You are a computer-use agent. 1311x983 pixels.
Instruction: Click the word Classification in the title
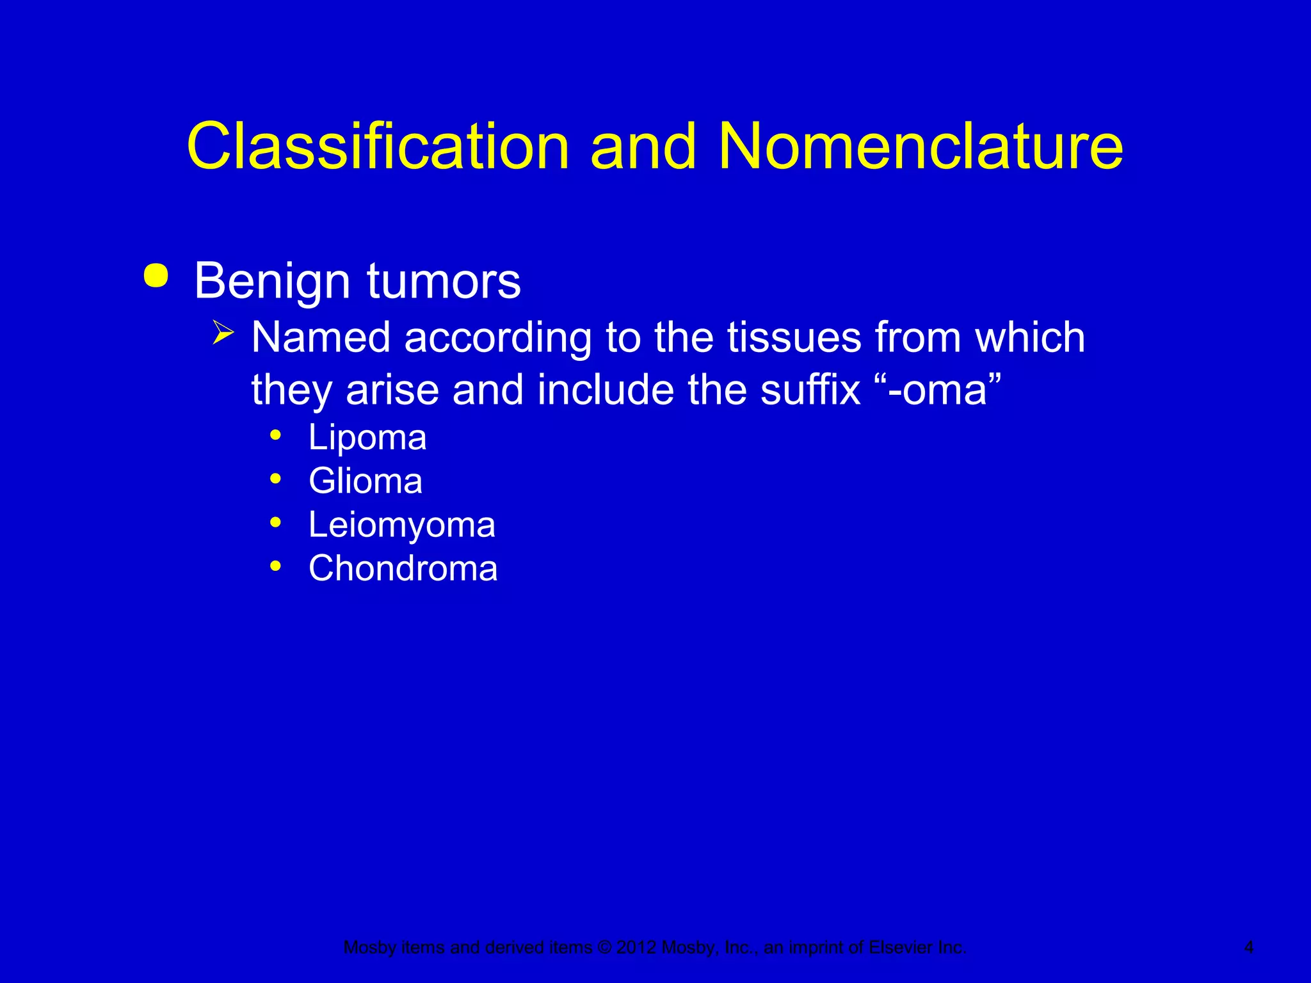[378, 147]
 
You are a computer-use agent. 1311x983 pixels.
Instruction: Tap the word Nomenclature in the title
[920, 147]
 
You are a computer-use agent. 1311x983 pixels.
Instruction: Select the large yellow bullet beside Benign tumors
[156, 276]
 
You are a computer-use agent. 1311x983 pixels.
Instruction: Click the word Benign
[272, 282]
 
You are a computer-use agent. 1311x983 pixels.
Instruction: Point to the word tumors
[444, 282]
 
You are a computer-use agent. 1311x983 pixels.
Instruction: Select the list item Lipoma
[367, 438]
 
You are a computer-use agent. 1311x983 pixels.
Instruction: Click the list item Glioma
[366, 481]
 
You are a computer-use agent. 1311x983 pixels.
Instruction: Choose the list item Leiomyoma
[402, 525]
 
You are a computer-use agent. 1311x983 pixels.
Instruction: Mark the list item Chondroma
[403, 568]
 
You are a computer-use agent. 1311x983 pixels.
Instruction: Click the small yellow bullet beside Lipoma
[276, 435]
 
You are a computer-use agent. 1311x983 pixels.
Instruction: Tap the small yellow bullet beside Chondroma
[276, 566]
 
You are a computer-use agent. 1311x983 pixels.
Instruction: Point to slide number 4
[1248, 947]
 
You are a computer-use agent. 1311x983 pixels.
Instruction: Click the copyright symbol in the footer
[604, 947]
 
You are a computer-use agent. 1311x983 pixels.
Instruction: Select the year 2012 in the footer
[636, 947]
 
